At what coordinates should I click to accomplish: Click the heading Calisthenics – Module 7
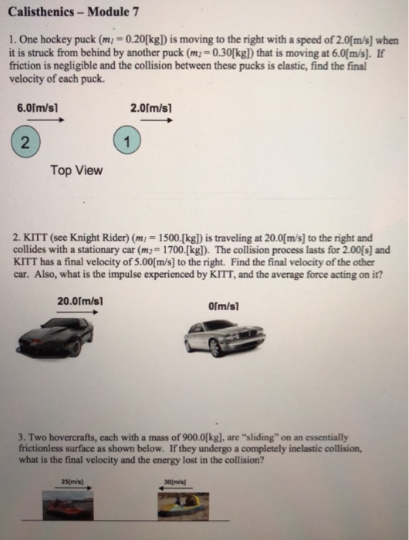(x=76, y=12)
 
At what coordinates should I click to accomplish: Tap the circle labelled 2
(x=26, y=141)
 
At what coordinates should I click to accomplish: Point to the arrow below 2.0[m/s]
(x=158, y=120)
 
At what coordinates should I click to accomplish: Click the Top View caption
(x=76, y=170)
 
